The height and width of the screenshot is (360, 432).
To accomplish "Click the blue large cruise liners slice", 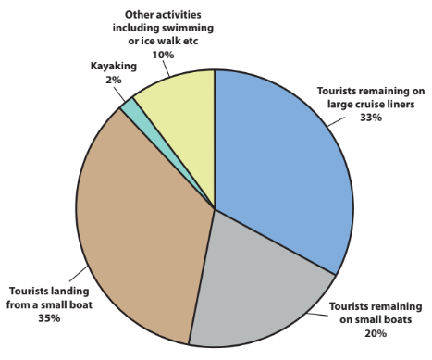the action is (278, 157).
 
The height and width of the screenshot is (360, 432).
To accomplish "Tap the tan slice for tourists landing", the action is (139, 231).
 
